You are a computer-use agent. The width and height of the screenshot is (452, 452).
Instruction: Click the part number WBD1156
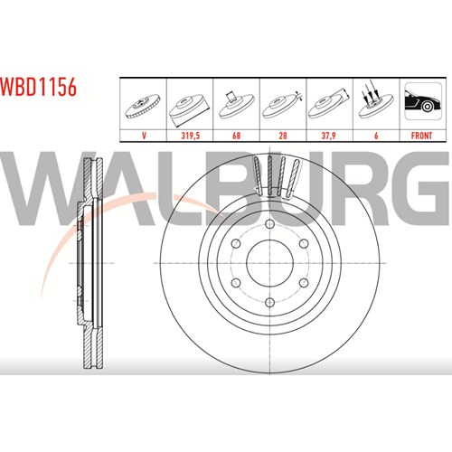point(38,87)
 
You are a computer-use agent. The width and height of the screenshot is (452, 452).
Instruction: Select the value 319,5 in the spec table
point(190,136)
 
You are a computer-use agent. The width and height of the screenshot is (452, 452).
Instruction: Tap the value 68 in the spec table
point(237,136)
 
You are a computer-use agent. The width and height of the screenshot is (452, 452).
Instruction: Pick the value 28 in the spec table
point(283,136)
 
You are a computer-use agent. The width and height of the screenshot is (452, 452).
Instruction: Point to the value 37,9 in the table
point(329,136)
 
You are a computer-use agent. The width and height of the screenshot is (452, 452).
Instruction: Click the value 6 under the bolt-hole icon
point(376,136)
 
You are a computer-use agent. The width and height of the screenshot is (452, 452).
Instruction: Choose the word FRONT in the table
point(421,136)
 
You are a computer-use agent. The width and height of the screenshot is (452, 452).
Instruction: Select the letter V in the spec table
point(144,136)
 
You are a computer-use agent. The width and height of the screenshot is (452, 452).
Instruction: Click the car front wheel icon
point(423,101)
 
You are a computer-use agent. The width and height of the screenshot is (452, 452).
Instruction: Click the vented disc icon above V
point(143,106)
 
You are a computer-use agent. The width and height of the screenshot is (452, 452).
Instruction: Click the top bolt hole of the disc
point(270,224)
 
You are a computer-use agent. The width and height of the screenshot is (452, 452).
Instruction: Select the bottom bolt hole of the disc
point(270,302)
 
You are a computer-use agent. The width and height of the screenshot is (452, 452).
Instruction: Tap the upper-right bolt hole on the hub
point(304,243)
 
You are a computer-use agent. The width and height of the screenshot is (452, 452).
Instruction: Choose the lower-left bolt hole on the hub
point(236,283)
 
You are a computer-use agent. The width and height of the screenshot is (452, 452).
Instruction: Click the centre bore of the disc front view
point(270,263)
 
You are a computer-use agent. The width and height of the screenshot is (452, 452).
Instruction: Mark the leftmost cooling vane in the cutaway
point(258,175)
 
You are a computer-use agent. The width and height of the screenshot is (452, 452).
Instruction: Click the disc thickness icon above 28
point(282,106)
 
